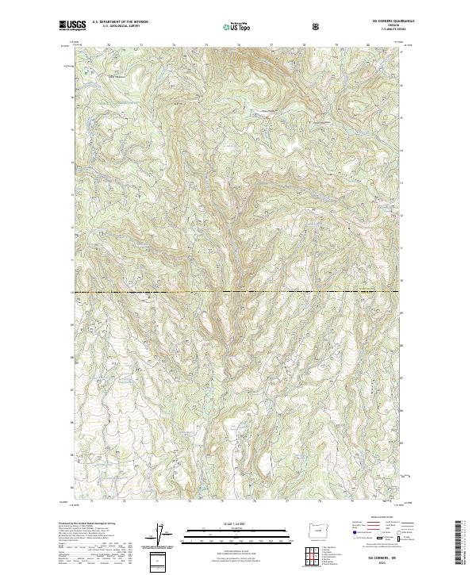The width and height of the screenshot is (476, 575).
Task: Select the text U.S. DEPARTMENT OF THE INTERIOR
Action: (x=120, y=23)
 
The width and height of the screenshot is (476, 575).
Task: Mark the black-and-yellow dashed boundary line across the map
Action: (x=238, y=291)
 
